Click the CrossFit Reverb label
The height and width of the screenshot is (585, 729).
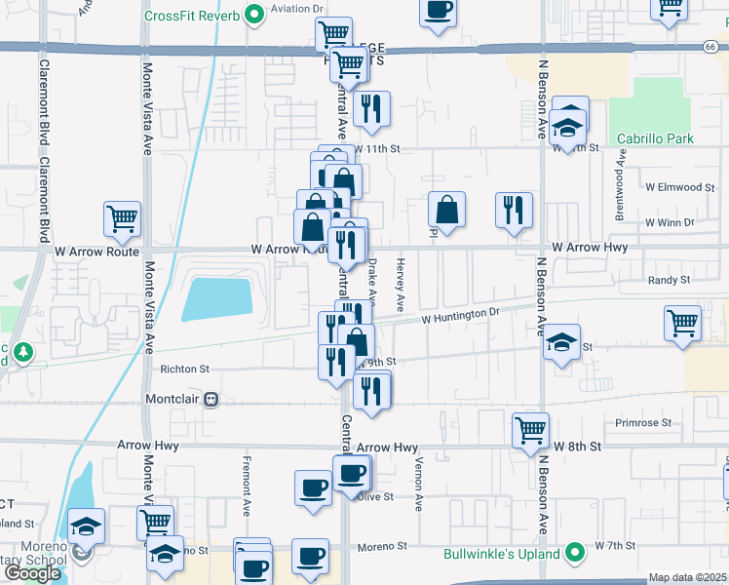[x=192, y=16]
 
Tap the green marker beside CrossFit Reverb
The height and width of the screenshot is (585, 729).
[x=254, y=15]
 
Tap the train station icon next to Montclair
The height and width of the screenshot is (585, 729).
[x=210, y=400]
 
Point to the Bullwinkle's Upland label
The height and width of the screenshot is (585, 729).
[x=503, y=554]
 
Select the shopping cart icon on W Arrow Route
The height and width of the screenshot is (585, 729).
[x=123, y=218]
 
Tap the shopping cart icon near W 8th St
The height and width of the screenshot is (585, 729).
[x=531, y=429]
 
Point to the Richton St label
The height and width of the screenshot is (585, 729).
[x=184, y=370]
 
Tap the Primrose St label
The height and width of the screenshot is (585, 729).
[x=643, y=422]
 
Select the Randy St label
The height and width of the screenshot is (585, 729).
[x=670, y=280]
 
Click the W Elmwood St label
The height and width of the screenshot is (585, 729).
[x=679, y=186]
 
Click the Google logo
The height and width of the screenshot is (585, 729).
[x=32, y=573]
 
